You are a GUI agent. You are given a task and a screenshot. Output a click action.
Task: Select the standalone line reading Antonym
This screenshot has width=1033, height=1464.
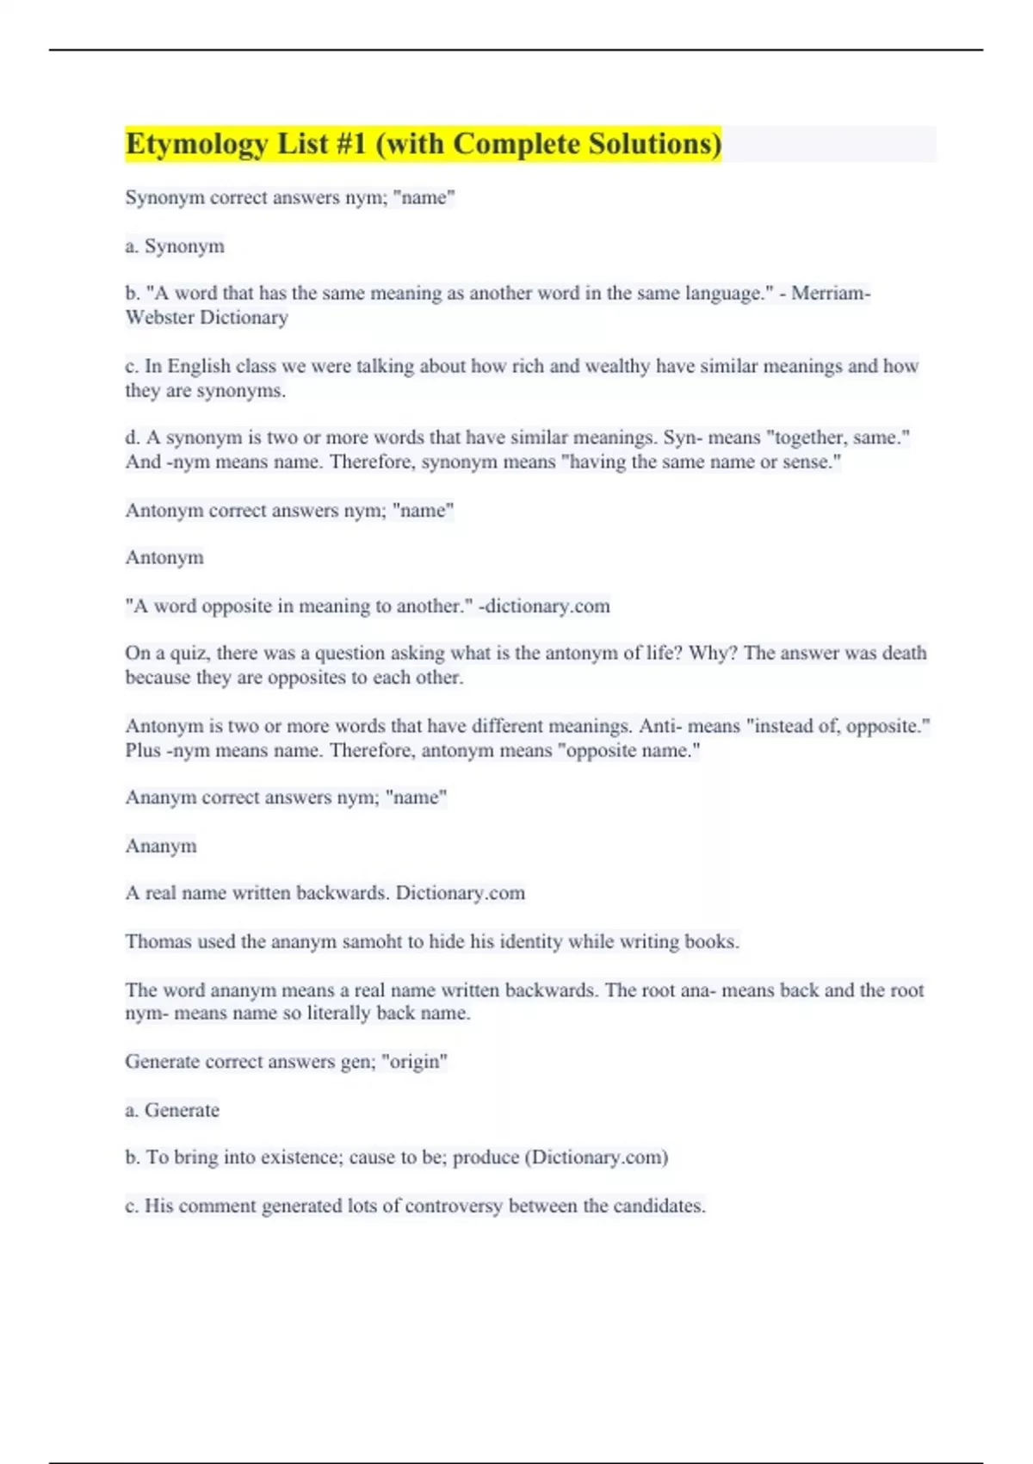[164, 558]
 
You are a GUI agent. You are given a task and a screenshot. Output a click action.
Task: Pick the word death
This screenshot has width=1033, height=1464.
[904, 654]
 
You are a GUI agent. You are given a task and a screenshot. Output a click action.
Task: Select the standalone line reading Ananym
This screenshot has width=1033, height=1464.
[161, 847]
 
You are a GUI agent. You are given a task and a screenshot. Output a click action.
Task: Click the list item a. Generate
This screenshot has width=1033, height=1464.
[172, 1110]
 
